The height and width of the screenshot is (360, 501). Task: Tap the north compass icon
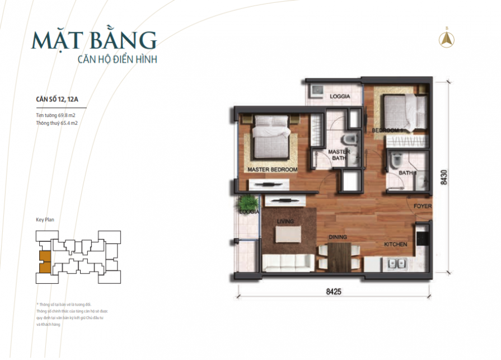(447, 39)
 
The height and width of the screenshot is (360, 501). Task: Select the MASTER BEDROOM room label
(273, 169)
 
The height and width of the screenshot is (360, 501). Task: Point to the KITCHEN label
(395, 245)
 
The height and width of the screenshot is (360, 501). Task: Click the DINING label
(338, 237)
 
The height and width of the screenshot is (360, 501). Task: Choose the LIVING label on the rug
(285, 222)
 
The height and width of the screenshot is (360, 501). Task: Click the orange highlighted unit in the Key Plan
(44, 261)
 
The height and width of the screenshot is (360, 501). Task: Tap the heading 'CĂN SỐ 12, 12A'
(57, 100)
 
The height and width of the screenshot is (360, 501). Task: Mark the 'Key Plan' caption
(45, 220)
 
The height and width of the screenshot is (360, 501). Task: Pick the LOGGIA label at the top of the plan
(340, 96)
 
